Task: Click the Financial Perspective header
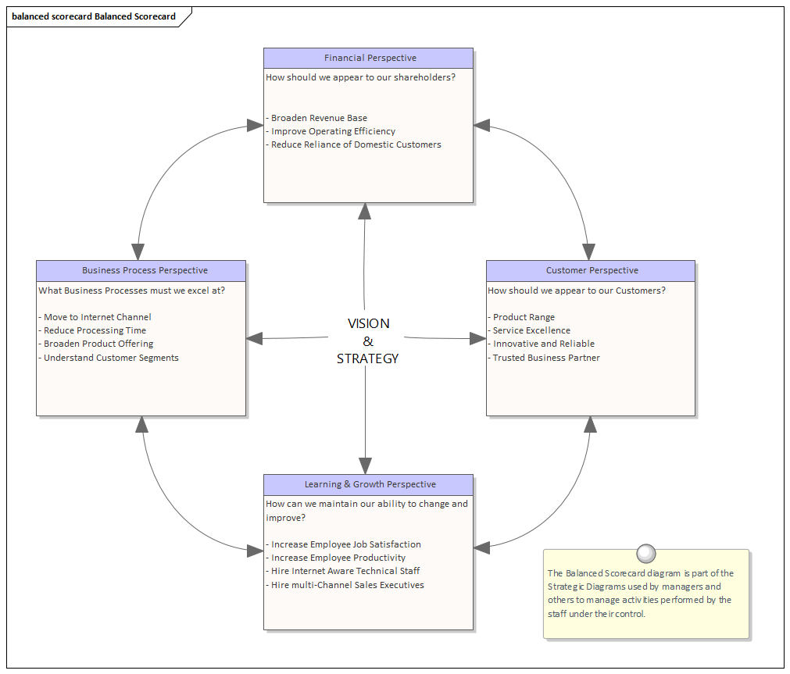point(369,58)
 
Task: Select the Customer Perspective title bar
point(591,270)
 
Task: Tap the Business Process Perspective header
point(141,270)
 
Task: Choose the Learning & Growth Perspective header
point(369,484)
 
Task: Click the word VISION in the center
point(368,323)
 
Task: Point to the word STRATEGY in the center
point(368,358)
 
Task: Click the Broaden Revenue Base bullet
point(319,118)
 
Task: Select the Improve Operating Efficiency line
point(333,131)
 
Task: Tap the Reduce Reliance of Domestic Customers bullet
point(356,144)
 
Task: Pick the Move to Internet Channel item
point(97,317)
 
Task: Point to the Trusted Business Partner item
point(546,358)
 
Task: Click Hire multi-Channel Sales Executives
point(347,584)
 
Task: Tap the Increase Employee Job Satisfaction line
point(345,544)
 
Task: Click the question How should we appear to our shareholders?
point(360,77)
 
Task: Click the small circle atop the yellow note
point(645,554)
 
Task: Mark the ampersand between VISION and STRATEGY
point(368,341)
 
